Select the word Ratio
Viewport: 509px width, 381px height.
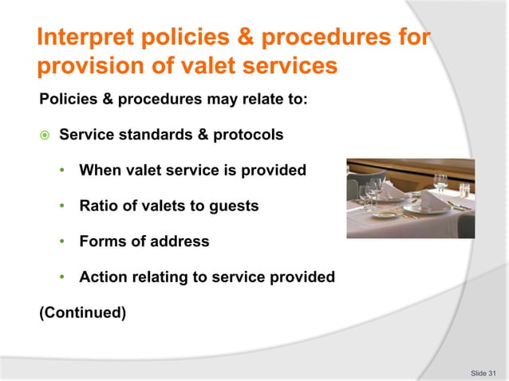point(98,206)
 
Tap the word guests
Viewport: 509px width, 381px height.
point(233,206)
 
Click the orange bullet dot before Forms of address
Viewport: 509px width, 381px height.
point(64,242)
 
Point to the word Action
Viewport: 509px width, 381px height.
point(101,277)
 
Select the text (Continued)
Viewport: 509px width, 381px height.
point(82,312)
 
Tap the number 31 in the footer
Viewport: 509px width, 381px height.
point(491,372)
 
